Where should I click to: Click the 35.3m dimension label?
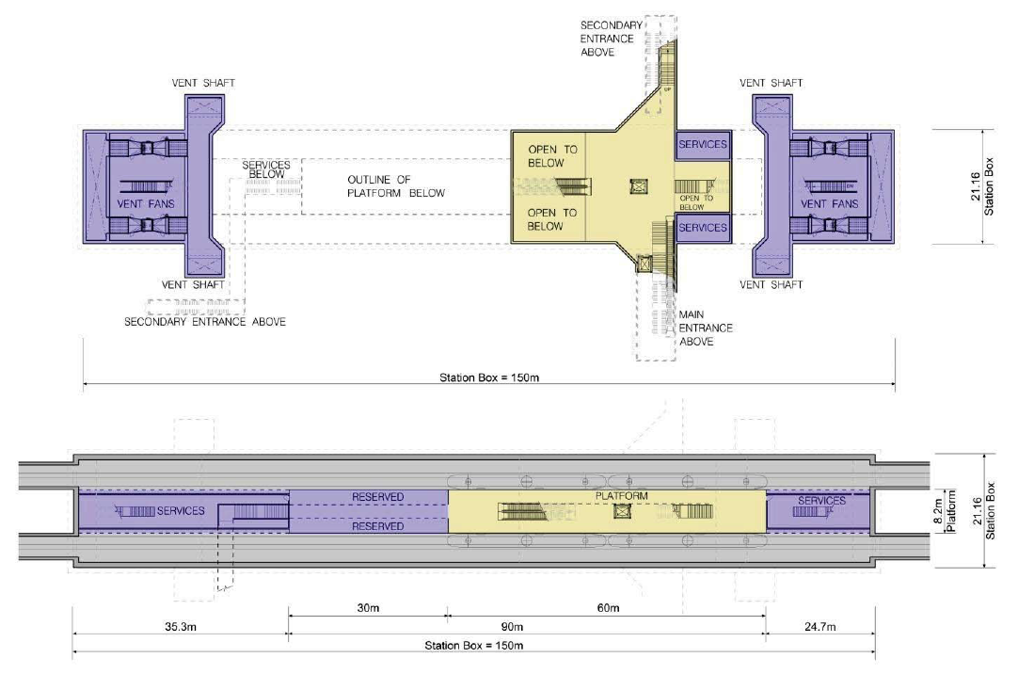180,627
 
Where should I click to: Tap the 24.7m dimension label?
820,627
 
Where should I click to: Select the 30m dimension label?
368,608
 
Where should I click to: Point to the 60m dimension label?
609,608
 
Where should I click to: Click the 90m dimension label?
512,627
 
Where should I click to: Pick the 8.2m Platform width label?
945,511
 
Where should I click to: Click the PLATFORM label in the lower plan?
621,496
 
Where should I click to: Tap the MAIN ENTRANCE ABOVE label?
706,329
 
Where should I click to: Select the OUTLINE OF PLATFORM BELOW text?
396,186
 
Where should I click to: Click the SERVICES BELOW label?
266,169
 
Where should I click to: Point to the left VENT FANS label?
146,204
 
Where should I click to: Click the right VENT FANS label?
829,204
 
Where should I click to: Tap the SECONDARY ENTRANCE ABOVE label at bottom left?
205,322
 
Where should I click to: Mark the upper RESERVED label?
378,497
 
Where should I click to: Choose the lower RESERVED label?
378,526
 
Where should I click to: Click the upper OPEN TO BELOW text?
552,156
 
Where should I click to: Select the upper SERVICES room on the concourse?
703,145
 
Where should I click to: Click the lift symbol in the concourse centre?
639,187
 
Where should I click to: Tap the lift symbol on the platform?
623,511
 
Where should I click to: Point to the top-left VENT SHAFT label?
203,83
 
